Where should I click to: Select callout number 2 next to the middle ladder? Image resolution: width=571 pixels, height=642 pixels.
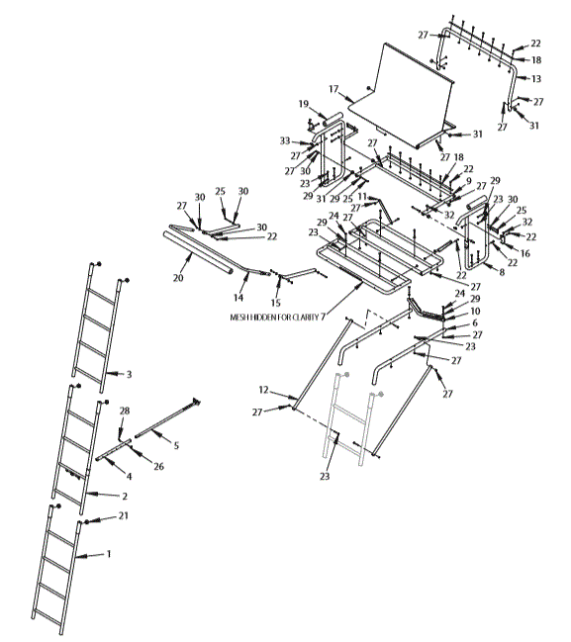(x=124, y=494)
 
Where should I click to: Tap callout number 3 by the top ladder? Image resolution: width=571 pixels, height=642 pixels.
(x=128, y=375)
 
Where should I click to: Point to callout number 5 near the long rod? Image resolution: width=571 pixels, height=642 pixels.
(x=176, y=444)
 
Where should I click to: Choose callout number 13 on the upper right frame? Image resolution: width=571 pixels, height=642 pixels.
(x=535, y=77)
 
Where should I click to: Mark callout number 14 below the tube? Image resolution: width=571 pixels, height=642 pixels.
(x=238, y=297)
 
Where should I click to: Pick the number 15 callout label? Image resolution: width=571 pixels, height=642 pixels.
(x=276, y=303)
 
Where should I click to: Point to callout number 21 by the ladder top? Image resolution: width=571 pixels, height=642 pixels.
(x=124, y=515)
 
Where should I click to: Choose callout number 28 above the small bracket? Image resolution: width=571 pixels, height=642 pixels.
(x=125, y=410)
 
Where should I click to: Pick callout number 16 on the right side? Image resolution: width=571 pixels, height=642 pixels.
(x=524, y=254)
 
